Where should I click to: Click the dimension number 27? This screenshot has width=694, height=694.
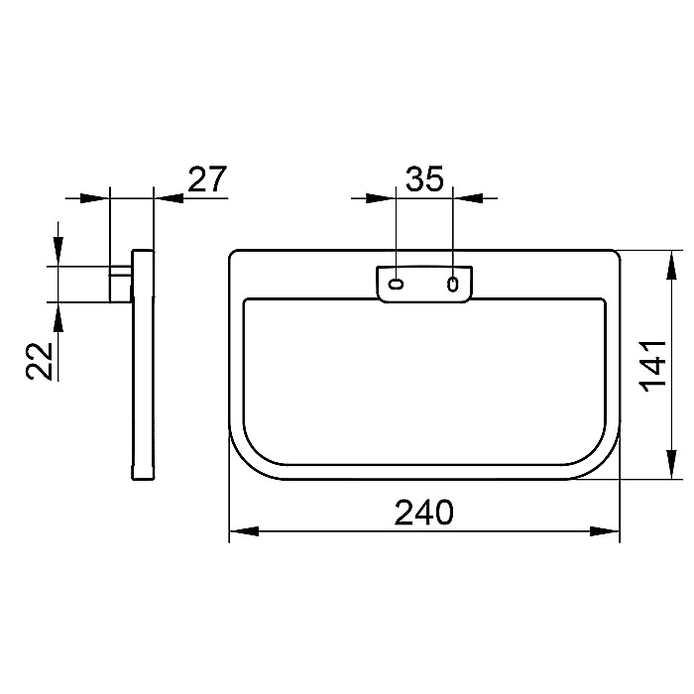207,178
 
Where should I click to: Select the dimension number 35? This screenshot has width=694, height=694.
424,178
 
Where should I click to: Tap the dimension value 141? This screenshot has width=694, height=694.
653,366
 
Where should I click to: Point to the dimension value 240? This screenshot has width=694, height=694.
424,513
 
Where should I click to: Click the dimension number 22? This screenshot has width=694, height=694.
39,361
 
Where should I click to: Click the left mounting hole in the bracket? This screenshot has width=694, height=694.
396,284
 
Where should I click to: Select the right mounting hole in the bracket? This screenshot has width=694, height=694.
452,284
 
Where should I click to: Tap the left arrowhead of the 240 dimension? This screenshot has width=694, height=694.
244,531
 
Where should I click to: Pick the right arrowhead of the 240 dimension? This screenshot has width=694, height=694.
605,531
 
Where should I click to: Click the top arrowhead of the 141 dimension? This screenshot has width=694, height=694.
672,265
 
